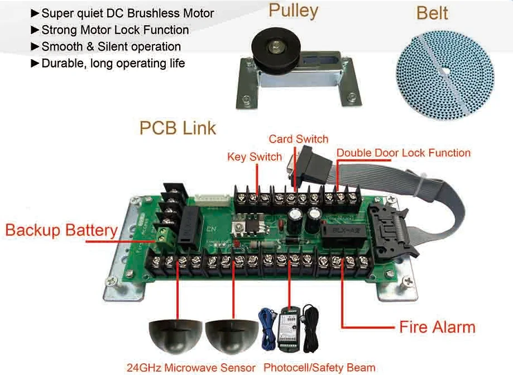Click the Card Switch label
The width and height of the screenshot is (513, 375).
pos(298,139)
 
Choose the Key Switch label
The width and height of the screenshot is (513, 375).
pos(254,157)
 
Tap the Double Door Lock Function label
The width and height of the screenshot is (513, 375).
pos(403,153)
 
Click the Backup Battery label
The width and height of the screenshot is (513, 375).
pos(61,230)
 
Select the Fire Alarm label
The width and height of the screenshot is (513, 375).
pos(437,326)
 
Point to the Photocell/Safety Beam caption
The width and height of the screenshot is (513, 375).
pos(319,367)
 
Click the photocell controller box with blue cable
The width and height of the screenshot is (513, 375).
pos(289,327)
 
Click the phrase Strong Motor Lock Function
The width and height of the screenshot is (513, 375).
pos(115,30)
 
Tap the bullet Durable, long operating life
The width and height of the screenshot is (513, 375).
pos(113,63)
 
